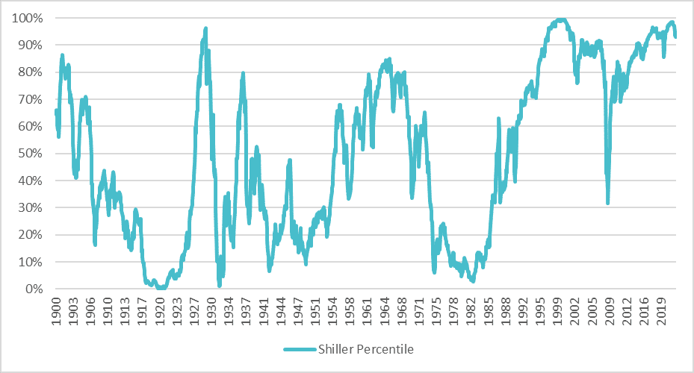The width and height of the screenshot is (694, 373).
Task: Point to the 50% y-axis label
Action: [30, 154]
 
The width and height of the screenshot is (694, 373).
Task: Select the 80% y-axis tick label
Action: [30, 72]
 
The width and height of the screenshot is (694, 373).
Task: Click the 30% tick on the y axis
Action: [30, 208]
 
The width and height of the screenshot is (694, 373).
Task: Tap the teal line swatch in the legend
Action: [299, 349]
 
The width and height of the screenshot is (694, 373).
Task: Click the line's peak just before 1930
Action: [205, 29]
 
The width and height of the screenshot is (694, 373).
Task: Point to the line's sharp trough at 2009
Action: [608, 202]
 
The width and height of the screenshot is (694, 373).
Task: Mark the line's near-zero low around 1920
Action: [161, 287]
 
